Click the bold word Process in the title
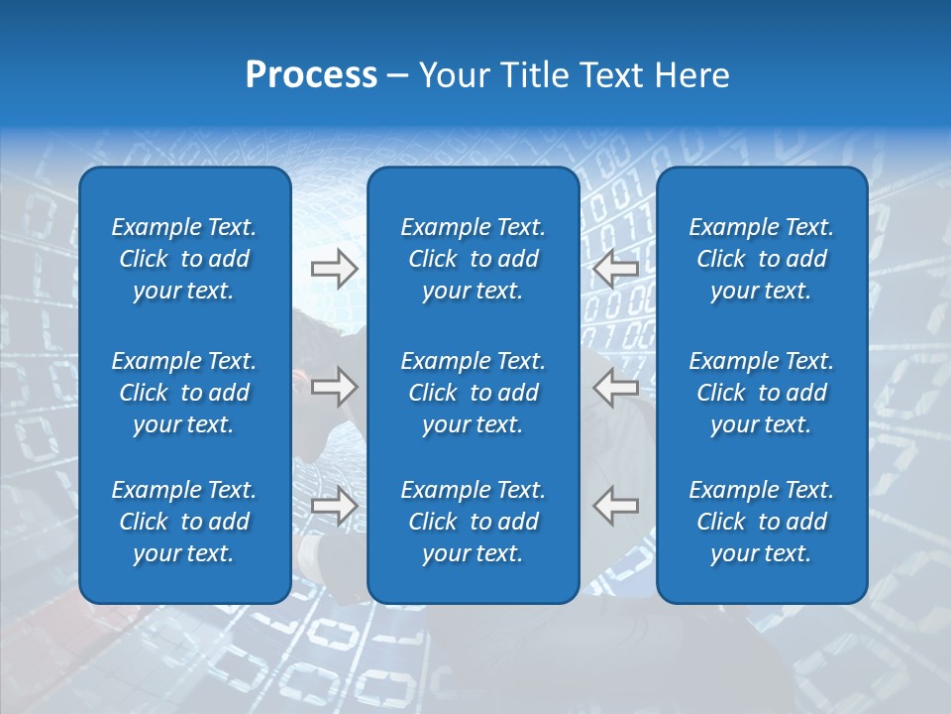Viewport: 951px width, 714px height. click(311, 75)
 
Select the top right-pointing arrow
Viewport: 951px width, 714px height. click(334, 269)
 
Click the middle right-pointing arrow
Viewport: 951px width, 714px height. click(334, 387)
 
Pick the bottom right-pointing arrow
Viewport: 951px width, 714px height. click(334, 506)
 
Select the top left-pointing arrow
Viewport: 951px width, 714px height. click(615, 269)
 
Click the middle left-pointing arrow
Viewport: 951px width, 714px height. click(615, 387)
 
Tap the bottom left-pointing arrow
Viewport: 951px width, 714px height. click(615, 506)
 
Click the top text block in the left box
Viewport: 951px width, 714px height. click(184, 259)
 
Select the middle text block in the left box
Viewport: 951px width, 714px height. click(184, 393)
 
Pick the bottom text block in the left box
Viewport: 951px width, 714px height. click(184, 522)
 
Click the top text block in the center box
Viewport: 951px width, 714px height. click(473, 259)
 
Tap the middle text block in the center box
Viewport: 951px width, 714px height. click(473, 393)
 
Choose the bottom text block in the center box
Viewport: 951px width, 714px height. click(473, 522)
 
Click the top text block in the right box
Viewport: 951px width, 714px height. click(761, 259)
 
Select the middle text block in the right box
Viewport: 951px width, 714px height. click(761, 393)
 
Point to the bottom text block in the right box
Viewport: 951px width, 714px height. click(761, 522)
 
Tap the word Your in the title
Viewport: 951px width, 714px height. click(451, 75)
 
